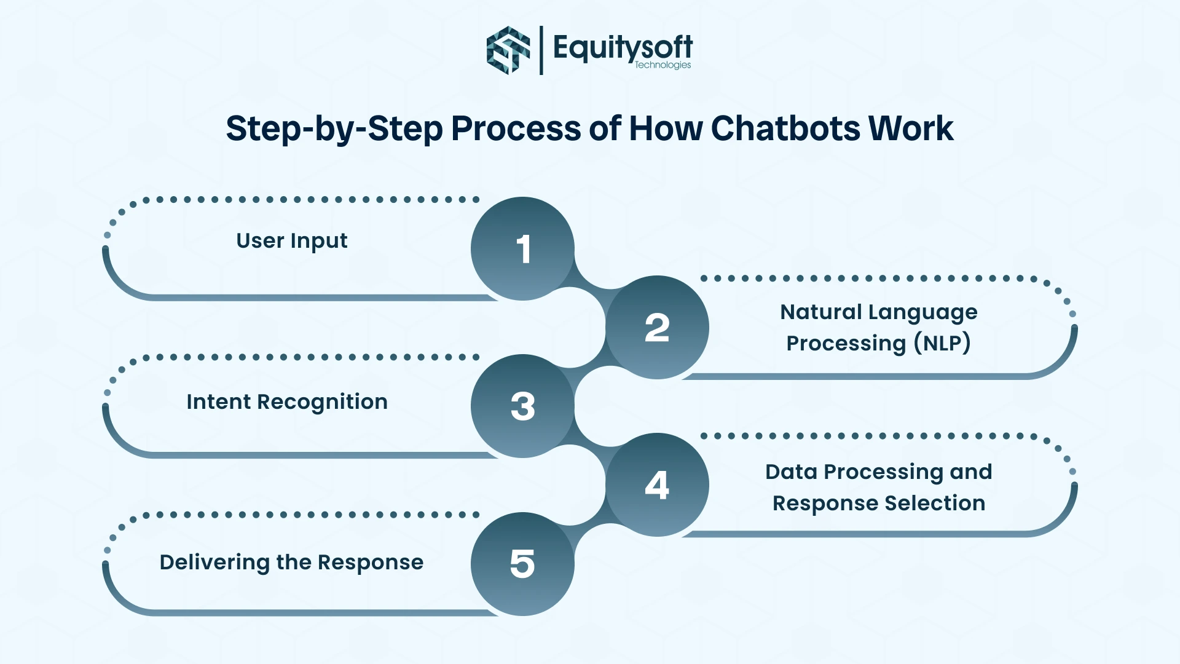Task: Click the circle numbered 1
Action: tap(522, 248)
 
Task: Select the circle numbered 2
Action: tap(657, 327)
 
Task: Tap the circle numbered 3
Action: tap(522, 406)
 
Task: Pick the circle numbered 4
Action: tap(657, 484)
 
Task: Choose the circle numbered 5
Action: tap(522, 564)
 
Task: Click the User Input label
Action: tap(291, 241)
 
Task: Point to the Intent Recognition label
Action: tap(287, 402)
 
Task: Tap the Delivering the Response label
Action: tap(291, 563)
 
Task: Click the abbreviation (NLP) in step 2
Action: tap(942, 343)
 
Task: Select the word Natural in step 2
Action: tap(820, 312)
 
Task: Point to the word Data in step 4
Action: tap(790, 472)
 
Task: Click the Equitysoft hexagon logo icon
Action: tap(508, 50)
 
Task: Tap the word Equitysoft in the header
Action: tap(622, 47)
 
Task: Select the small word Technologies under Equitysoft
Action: tap(663, 65)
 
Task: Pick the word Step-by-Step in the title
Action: tap(334, 129)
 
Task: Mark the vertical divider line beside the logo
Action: tap(541, 50)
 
